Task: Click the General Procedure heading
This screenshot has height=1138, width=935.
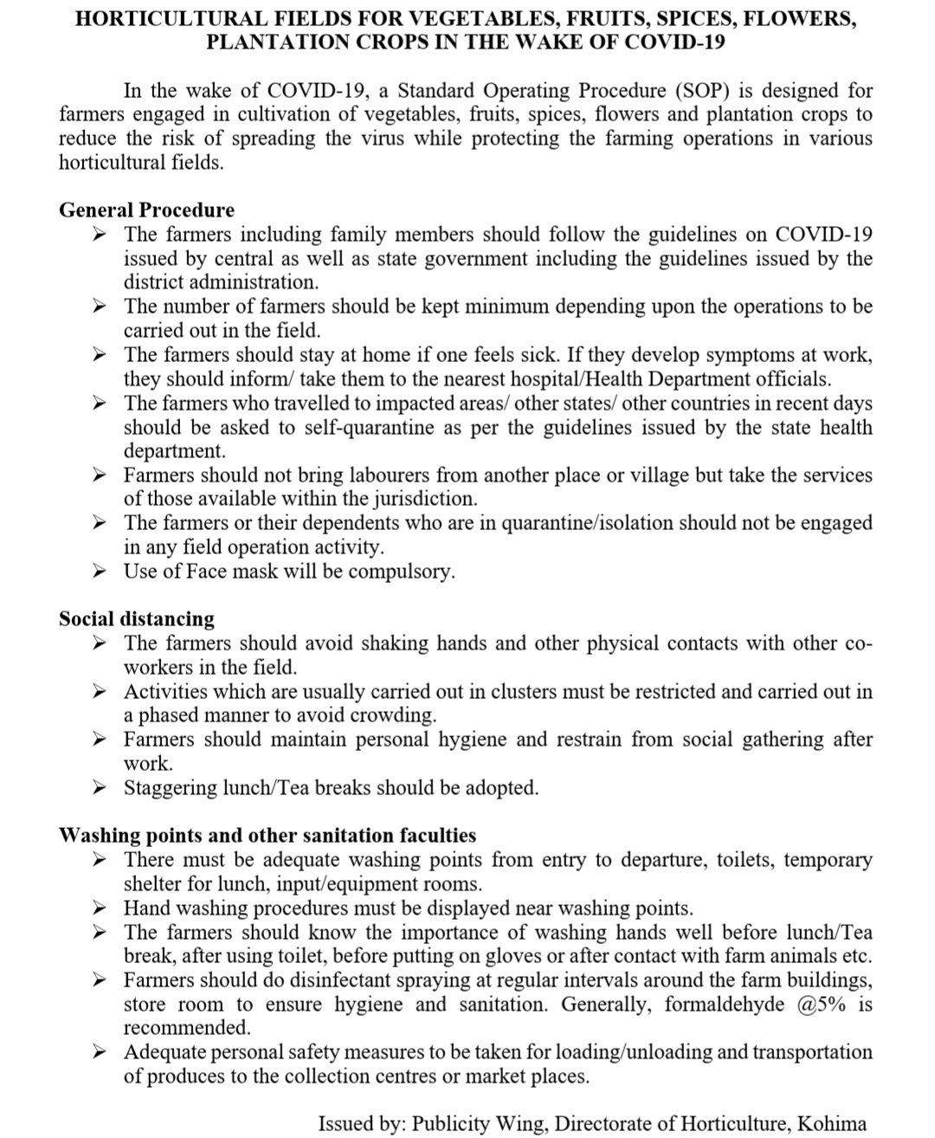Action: [x=146, y=210]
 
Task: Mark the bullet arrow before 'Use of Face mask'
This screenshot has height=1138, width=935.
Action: [x=100, y=572]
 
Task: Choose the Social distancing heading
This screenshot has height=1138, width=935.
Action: [x=137, y=618]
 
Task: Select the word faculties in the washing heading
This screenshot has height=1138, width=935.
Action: [x=435, y=836]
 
